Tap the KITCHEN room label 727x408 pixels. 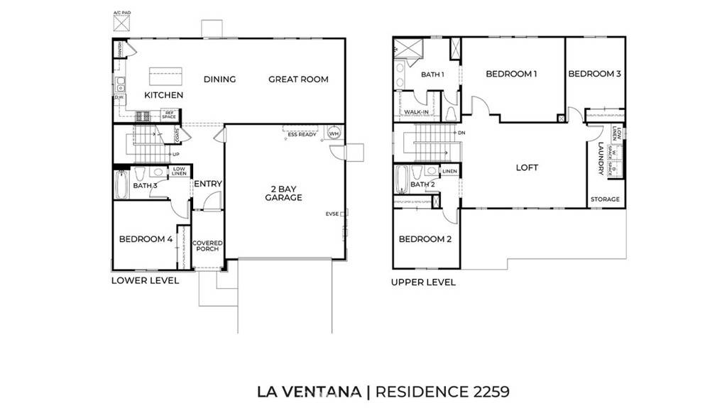[x=164, y=95]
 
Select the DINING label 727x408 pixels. [x=219, y=79]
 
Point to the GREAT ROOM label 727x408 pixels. [x=298, y=79]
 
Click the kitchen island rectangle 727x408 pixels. [x=165, y=75]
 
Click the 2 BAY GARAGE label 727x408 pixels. [x=284, y=192]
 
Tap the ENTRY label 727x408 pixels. [x=208, y=184]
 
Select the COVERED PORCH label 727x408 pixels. [x=208, y=246]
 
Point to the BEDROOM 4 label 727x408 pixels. [x=146, y=240]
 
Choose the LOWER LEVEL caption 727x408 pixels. [x=145, y=280]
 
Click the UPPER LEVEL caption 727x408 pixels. [x=423, y=282]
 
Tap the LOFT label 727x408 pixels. [x=528, y=168]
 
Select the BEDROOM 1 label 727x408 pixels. [x=511, y=74]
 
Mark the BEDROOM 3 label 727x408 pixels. [x=595, y=74]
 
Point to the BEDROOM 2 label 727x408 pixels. [x=425, y=240]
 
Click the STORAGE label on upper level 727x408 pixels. [x=606, y=200]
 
